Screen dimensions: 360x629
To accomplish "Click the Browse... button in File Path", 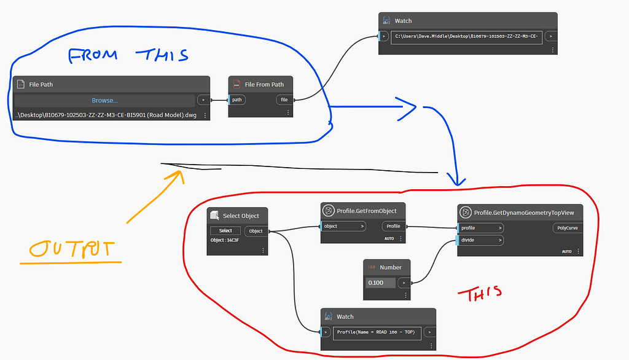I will tap(104, 100).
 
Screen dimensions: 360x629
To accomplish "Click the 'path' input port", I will tap(236, 100).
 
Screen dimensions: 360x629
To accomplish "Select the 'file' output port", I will tap(284, 100).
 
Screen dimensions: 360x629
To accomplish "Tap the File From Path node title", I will tap(264, 84).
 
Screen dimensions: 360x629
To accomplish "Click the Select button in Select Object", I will tap(225, 231).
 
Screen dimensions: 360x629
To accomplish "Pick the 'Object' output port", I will tap(256, 231).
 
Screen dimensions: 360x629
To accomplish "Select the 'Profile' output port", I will tap(393, 226).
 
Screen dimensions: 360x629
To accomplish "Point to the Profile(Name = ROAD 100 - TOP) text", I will tap(375, 332).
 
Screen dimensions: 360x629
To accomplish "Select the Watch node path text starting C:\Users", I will tap(467, 36).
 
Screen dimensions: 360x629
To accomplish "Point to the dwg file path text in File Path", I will tap(106, 115).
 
